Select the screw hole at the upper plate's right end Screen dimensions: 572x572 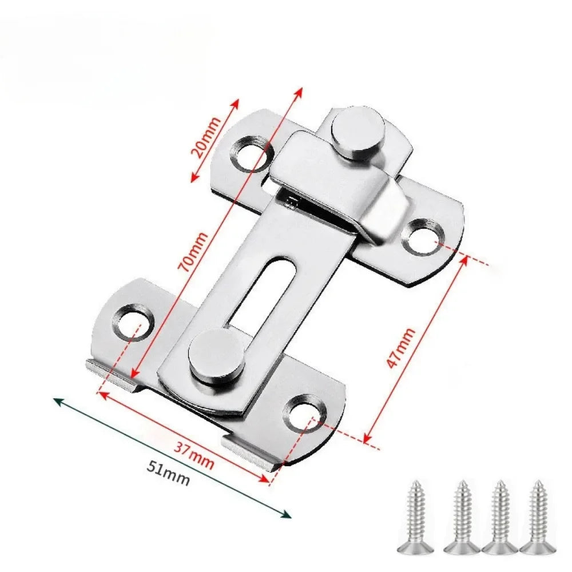[x=423, y=235]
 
